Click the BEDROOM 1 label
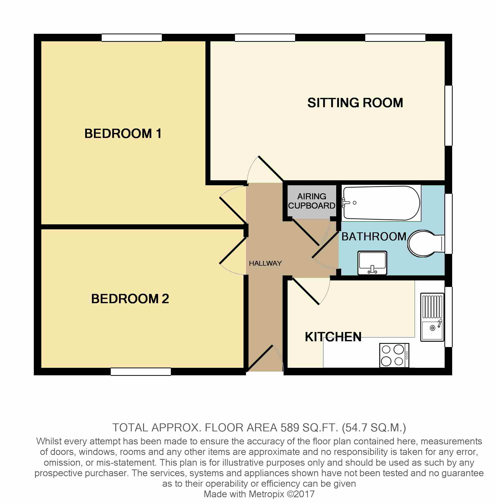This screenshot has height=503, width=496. pyautogui.click(x=123, y=133)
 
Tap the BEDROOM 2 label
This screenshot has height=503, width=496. pyautogui.click(x=130, y=299)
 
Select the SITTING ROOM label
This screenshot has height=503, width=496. pyautogui.click(x=355, y=103)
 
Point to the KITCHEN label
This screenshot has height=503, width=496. pyautogui.click(x=333, y=337)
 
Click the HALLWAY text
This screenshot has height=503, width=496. pyautogui.click(x=265, y=263)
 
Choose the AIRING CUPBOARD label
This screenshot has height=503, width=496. pyautogui.click(x=312, y=201)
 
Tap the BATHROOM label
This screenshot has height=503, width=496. pyautogui.click(x=374, y=236)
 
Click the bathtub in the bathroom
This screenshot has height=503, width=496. pyautogui.click(x=381, y=203)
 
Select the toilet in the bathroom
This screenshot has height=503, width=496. pyautogui.click(x=426, y=244)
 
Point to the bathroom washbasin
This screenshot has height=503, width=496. pyautogui.click(x=372, y=263)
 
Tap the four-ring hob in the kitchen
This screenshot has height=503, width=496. pyautogui.click(x=394, y=355)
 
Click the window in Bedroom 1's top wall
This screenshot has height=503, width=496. pyautogui.click(x=132, y=38)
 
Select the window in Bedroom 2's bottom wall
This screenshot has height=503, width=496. pyautogui.click(x=141, y=372)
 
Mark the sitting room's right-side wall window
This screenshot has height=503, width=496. pyautogui.click(x=448, y=116)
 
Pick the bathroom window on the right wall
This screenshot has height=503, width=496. pyautogui.click(x=448, y=224)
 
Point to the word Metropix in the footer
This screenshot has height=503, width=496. pyautogui.click(x=266, y=494)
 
